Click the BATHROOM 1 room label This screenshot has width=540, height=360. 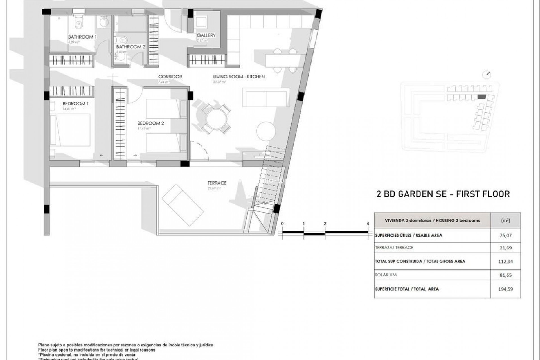click(82, 37)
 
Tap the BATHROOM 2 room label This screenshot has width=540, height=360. click(131, 47)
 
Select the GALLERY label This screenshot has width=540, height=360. click(206, 35)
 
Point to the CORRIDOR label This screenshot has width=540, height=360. click(170, 76)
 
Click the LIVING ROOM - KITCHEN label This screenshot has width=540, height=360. click(239, 76)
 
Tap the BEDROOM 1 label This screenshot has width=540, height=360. click(75, 103)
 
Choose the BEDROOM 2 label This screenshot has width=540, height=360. click(150, 123)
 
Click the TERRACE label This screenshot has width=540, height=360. click(217, 183)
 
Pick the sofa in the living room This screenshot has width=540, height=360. click(266, 97)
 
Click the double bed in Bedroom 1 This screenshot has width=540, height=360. click(70, 130)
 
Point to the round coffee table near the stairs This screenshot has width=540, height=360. click(266, 131)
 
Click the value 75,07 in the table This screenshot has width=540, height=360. click(505, 235)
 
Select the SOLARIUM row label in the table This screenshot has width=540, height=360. click(386, 275)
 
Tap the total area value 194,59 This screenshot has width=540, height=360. click(505, 289)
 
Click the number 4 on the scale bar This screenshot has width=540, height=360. click(368, 224)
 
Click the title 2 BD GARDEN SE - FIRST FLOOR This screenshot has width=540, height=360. click(443, 194)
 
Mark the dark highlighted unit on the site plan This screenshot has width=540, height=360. click(481, 97)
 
